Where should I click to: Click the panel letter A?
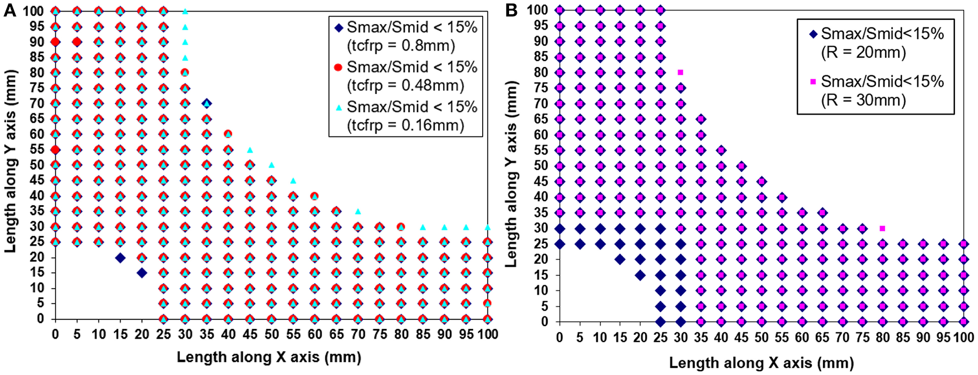click(x=9, y=10)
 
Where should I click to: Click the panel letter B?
click(x=511, y=10)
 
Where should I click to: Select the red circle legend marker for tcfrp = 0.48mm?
click(x=338, y=67)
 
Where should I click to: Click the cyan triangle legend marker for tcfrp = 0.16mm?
click(x=338, y=107)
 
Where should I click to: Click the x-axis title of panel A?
click(x=269, y=357)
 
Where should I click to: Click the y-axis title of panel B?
click(x=512, y=174)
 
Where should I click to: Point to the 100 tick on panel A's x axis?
click(x=488, y=334)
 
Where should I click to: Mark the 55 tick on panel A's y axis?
click(x=37, y=150)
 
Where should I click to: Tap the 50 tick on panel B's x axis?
click(x=762, y=338)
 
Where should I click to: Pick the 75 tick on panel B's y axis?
click(x=541, y=88)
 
